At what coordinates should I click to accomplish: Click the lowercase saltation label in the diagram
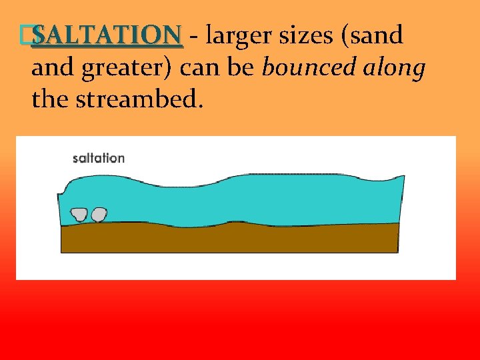tap(99, 158)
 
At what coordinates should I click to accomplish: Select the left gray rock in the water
tap(79, 214)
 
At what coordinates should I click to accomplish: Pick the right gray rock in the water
tap(99, 214)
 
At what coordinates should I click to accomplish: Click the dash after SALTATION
tap(193, 37)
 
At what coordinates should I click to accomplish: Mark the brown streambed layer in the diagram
tap(230, 239)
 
